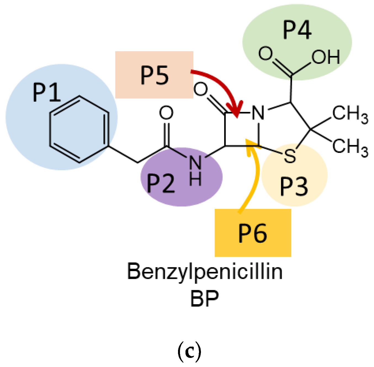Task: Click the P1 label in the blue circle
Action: pyautogui.click(x=47, y=93)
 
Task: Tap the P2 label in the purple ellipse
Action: pyautogui.click(x=160, y=183)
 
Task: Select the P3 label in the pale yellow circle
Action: pyautogui.click(x=294, y=187)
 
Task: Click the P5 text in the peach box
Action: pyautogui.click(x=154, y=75)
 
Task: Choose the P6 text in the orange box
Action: pyautogui.click(x=253, y=233)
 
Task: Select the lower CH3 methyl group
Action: pyautogui.click(x=350, y=147)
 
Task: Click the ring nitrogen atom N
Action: pyautogui.click(x=258, y=113)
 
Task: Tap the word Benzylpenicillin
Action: pyautogui.click(x=205, y=272)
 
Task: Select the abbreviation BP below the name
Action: pyautogui.click(x=205, y=299)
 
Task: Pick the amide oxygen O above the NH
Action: pyautogui.click(x=166, y=113)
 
